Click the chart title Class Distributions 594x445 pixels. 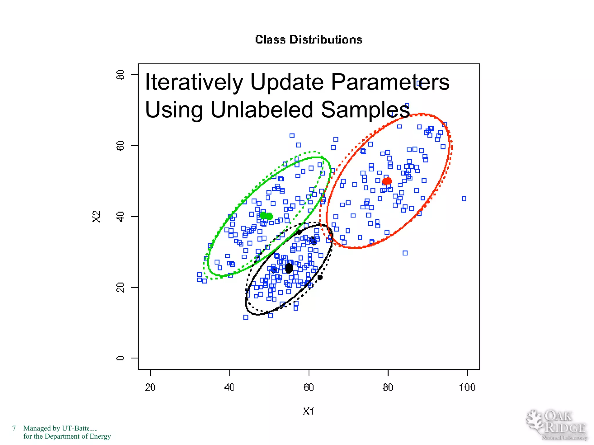click(x=309, y=40)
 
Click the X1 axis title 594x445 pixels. click(x=308, y=411)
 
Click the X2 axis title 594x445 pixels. click(x=96, y=216)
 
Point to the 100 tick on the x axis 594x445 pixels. click(x=467, y=387)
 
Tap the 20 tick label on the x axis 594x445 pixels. click(x=150, y=387)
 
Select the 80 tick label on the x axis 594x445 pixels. click(x=388, y=387)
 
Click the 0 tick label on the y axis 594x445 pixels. click(x=120, y=358)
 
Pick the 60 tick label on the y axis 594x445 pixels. click(x=120, y=145)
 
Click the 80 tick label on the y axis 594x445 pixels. click(x=120, y=75)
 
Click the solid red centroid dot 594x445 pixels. click(x=387, y=181)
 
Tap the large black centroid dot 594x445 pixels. click(x=289, y=268)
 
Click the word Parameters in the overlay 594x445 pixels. click(x=390, y=82)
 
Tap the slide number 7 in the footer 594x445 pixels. click(x=14, y=428)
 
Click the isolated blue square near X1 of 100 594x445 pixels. click(x=464, y=198)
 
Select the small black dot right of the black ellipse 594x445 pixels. click(x=320, y=278)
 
